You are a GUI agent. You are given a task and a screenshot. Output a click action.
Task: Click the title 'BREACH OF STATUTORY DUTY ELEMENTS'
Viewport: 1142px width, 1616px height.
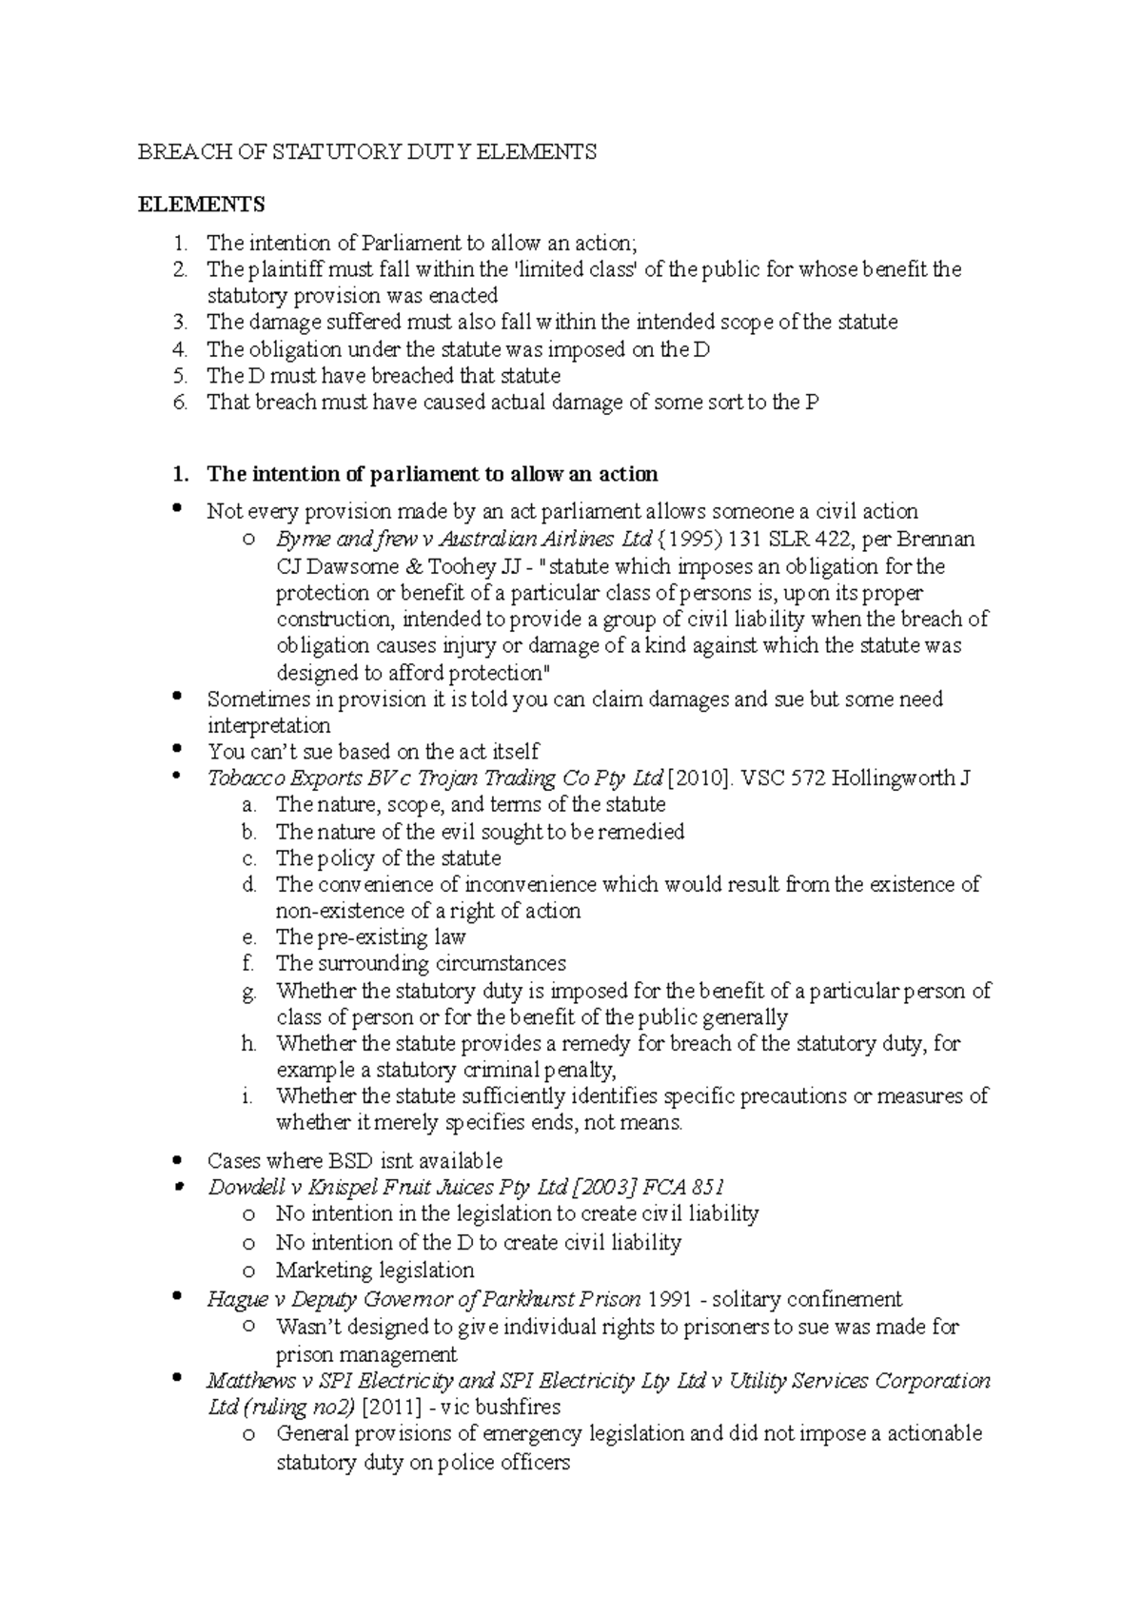367,152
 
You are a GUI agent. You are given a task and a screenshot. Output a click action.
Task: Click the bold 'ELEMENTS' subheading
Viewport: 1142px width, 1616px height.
202,205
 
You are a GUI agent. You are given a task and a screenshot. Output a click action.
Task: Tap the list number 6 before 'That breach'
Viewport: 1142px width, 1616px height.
181,403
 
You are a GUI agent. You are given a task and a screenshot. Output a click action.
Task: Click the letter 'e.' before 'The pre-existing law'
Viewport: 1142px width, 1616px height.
249,937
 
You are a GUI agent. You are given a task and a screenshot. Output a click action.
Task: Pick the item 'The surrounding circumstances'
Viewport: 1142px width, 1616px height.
421,963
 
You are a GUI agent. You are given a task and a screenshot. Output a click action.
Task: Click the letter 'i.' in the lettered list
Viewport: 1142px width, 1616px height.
247,1096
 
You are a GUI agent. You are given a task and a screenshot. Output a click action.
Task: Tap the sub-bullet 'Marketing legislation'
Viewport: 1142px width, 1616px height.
374,1271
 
